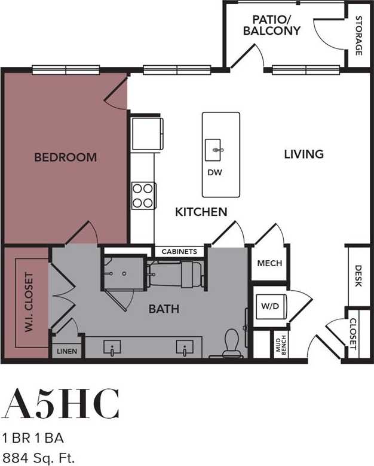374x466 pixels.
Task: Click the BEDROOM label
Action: pyautogui.click(x=65, y=157)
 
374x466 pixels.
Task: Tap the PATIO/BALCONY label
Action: pyautogui.click(x=271, y=25)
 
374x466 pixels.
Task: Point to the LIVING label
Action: pyautogui.click(x=304, y=154)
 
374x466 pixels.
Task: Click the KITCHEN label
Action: pyautogui.click(x=201, y=212)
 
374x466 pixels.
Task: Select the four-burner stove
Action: pyautogui.click(x=143, y=195)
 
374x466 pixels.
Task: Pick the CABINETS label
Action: pyautogui.click(x=179, y=252)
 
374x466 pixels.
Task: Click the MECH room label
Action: pyautogui.click(x=269, y=263)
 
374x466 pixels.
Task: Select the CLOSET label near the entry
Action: pyautogui.click(x=352, y=334)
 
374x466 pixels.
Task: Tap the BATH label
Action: pyautogui.click(x=164, y=309)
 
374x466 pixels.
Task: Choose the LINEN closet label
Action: pyautogui.click(x=67, y=351)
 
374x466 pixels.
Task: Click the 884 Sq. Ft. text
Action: pyautogui.click(x=39, y=459)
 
